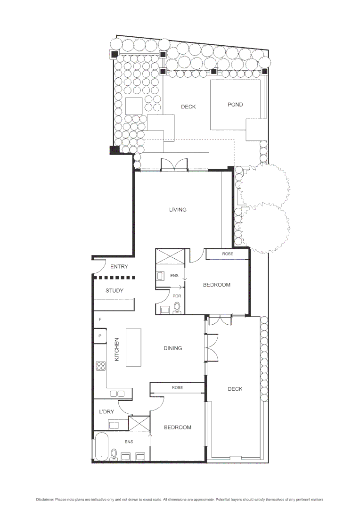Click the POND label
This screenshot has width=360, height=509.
pos(235,105)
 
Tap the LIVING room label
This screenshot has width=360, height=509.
pos(178,210)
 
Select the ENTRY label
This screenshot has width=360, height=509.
pos(119,267)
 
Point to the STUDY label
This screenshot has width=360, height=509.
pos(115,291)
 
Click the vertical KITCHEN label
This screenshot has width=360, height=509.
pos(117,349)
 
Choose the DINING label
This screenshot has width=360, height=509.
pos(172,348)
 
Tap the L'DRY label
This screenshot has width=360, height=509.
pos(106,412)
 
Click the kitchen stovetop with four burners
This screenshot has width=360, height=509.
pos(100,366)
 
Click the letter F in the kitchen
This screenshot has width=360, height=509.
pos(100,320)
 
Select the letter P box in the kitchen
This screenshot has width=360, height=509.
pos(100,336)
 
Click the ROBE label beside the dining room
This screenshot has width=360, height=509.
pos(177,387)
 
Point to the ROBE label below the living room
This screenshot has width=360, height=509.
pos(228,254)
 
